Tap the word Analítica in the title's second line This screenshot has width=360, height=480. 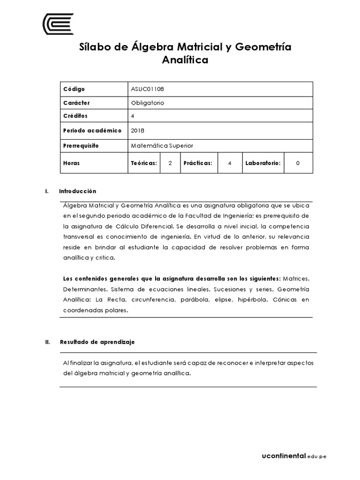185,60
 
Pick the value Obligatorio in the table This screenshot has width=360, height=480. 148,103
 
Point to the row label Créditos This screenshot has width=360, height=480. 75,116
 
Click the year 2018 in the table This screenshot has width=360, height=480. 138,130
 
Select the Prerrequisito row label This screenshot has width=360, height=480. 81,146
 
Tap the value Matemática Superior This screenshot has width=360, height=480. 162,146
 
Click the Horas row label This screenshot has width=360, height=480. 71,163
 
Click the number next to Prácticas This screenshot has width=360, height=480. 229,163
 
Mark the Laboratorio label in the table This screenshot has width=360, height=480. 262,163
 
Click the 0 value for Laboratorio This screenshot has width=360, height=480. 298,163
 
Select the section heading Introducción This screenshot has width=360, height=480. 77,191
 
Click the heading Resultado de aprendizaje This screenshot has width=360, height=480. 97,342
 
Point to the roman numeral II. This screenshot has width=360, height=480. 47,342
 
